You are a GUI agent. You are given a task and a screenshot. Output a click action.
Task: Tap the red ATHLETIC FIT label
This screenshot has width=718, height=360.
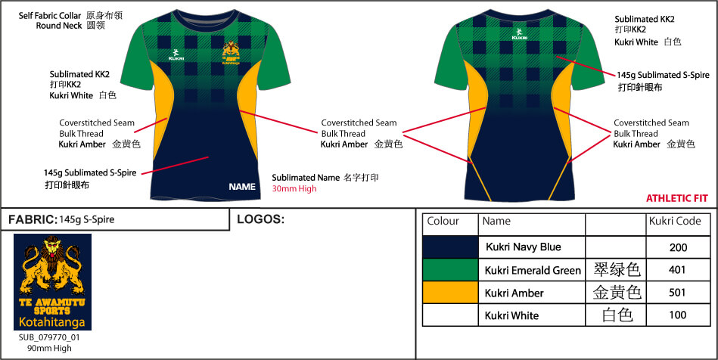tap(676, 199)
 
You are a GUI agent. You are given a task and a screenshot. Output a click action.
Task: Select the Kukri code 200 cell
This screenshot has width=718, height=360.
tap(677, 247)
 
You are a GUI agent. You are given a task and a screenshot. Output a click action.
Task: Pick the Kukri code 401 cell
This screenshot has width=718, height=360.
tap(677, 269)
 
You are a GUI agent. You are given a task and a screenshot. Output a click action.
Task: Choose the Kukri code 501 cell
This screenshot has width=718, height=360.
tap(677, 293)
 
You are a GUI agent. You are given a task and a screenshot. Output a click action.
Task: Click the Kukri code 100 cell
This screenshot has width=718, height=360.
tap(677, 315)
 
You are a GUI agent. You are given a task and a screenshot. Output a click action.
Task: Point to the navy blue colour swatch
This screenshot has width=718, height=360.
tap(450, 247)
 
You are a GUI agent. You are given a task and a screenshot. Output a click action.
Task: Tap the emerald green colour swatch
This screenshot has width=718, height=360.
tap(450, 269)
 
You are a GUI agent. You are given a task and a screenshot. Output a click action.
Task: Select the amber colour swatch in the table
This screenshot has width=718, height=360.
tap(450, 293)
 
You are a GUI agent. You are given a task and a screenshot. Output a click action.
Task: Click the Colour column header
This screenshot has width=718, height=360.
tap(443, 222)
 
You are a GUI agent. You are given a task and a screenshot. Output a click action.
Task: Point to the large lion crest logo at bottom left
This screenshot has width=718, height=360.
tap(52, 281)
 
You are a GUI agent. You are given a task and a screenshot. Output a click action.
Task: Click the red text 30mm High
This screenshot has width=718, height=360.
tap(294, 188)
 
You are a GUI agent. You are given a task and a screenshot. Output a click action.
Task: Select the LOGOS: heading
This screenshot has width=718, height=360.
tap(260, 219)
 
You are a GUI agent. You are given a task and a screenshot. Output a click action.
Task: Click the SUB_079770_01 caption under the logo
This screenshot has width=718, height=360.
tap(49, 337)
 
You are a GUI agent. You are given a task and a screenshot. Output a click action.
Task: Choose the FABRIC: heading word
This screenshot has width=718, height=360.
tap(32, 220)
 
